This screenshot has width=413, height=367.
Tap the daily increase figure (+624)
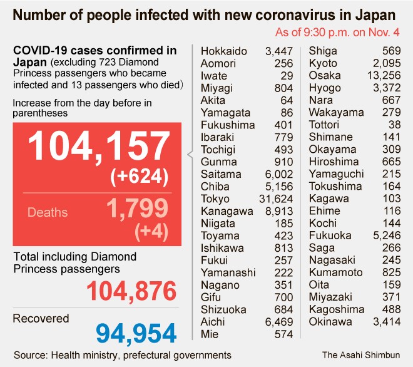[139, 177]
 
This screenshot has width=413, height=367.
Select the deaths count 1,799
[137, 209]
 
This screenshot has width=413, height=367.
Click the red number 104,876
[131, 292]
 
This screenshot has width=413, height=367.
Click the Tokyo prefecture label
[216, 199]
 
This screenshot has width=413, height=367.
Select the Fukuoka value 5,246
[387, 236]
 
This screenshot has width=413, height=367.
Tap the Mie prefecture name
[210, 334]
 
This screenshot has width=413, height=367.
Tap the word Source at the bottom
[29, 355]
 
